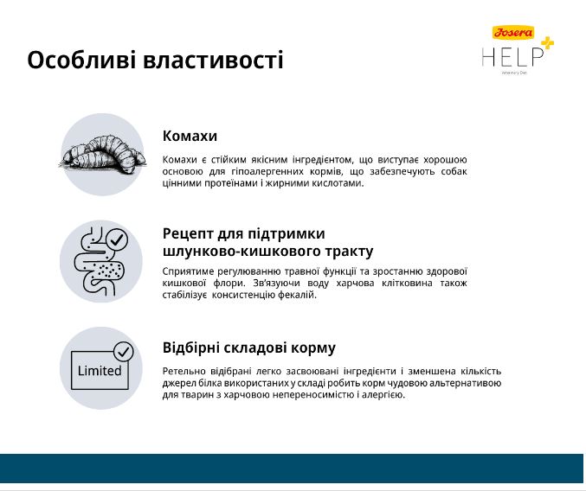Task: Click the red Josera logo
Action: click(513, 33)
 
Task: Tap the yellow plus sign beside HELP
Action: click(548, 43)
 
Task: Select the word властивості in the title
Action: click(213, 60)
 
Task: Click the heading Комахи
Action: click(190, 136)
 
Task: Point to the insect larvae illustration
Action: click(103, 155)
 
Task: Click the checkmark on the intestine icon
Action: click(117, 239)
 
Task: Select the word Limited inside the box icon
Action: click(100, 371)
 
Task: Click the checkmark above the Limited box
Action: click(123, 352)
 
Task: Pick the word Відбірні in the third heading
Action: click(190, 348)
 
